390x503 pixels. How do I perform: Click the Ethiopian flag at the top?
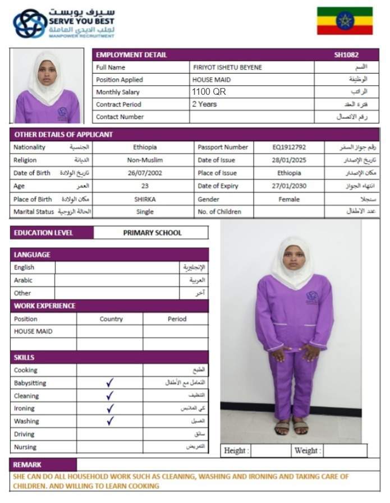(345, 21)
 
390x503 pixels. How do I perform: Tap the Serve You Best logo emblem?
(30, 23)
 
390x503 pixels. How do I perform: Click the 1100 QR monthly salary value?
(209, 92)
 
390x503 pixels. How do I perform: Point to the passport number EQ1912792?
(289, 147)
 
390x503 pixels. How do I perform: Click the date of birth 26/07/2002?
(145, 173)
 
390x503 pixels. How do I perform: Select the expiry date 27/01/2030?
(289, 186)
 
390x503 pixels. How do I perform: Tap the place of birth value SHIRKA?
(145, 199)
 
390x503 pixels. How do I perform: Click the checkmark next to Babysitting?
(110, 383)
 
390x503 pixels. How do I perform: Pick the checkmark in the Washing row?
(110, 421)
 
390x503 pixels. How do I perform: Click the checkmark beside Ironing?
(110, 408)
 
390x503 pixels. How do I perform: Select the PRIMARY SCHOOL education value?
(152, 233)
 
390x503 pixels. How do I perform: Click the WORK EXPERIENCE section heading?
(45, 306)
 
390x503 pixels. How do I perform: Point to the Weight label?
(308, 450)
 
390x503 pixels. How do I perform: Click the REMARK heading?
(27, 465)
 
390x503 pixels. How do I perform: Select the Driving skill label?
(25, 434)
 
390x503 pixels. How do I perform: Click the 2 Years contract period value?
(204, 104)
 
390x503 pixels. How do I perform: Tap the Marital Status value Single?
(145, 212)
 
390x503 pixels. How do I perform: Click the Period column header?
(177, 319)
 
